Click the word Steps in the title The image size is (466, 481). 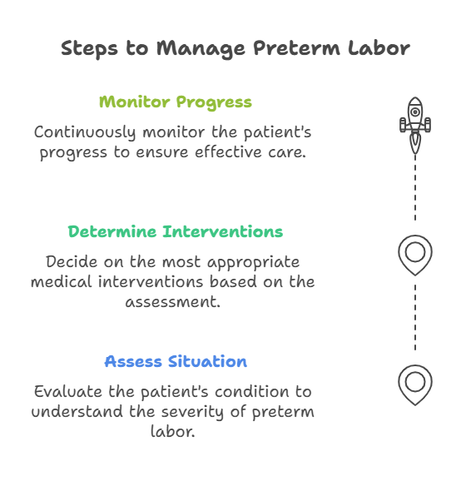(89, 48)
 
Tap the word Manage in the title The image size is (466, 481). (201, 49)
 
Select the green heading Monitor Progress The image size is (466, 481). (176, 102)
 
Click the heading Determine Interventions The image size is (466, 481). (176, 231)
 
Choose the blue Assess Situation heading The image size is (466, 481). (176, 361)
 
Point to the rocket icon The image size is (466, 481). (415, 126)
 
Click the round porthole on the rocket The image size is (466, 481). (415, 112)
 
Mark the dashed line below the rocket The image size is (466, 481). (415, 187)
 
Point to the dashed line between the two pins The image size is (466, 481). (415, 317)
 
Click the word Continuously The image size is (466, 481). (85, 132)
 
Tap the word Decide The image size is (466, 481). (72, 262)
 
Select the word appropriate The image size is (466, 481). (254, 263)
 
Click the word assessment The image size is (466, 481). (173, 302)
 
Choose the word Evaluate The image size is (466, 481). (67, 392)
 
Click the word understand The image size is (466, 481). (77, 412)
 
